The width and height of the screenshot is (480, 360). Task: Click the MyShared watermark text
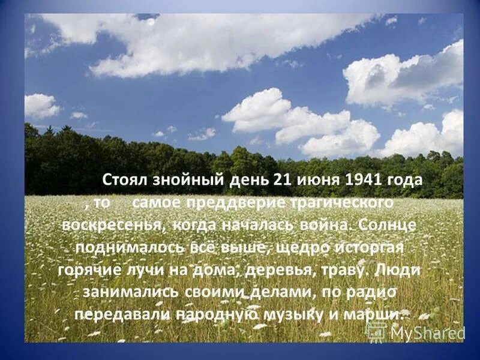pyautogui.click(x=427, y=332)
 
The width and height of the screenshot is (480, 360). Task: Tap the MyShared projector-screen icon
pyautogui.click(x=376, y=331)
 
